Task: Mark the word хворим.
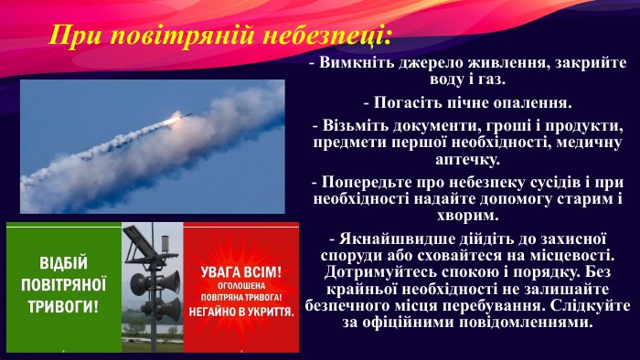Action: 468,216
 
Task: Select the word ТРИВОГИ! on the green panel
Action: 63,302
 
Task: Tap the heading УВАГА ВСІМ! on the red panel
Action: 241,272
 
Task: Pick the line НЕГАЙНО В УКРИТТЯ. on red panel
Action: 241,312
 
